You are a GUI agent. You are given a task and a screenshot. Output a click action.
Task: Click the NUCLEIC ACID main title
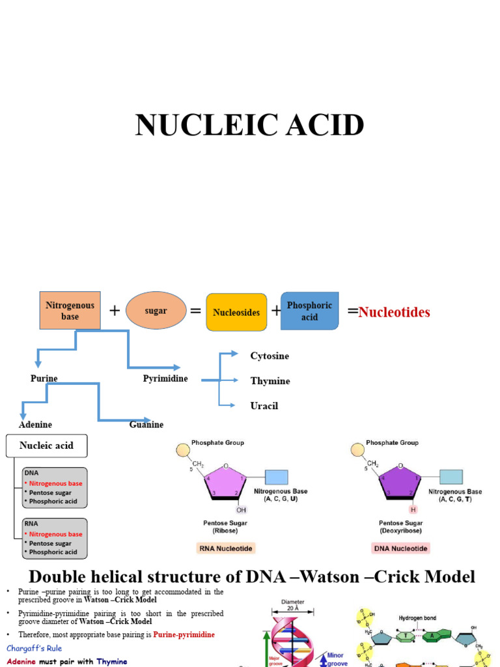pyautogui.click(x=249, y=125)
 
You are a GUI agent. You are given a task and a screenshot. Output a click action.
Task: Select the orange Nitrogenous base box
pyautogui.click(x=70, y=311)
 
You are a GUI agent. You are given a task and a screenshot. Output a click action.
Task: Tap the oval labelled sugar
pyautogui.click(x=156, y=311)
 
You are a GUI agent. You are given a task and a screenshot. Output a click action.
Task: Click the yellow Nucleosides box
pyautogui.click(x=236, y=313)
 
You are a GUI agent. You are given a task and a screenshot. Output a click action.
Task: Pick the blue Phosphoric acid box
pyautogui.click(x=309, y=311)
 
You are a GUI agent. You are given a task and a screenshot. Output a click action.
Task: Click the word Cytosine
pyautogui.click(x=270, y=356)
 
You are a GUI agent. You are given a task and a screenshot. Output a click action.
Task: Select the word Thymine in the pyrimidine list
pyautogui.click(x=270, y=381)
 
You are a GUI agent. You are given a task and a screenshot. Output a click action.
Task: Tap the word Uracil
pyautogui.click(x=264, y=406)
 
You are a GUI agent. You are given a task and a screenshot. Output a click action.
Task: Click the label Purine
pyautogui.click(x=44, y=378)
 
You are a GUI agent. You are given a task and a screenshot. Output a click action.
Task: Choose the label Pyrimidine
pyautogui.click(x=165, y=378)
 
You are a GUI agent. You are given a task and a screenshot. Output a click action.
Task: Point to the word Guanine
pyautogui.click(x=146, y=425)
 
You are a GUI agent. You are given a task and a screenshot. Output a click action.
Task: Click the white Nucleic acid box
pyautogui.click(x=46, y=446)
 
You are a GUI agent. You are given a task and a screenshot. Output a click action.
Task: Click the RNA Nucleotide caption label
pyautogui.click(x=225, y=548)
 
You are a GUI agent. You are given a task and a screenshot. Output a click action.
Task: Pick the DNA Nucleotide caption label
pyautogui.click(x=400, y=548)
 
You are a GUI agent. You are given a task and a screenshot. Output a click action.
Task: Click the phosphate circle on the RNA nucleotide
pyautogui.click(x=183, y=450)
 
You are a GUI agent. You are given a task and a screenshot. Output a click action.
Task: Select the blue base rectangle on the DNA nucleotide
pyautogui.click(x=451, y=477)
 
